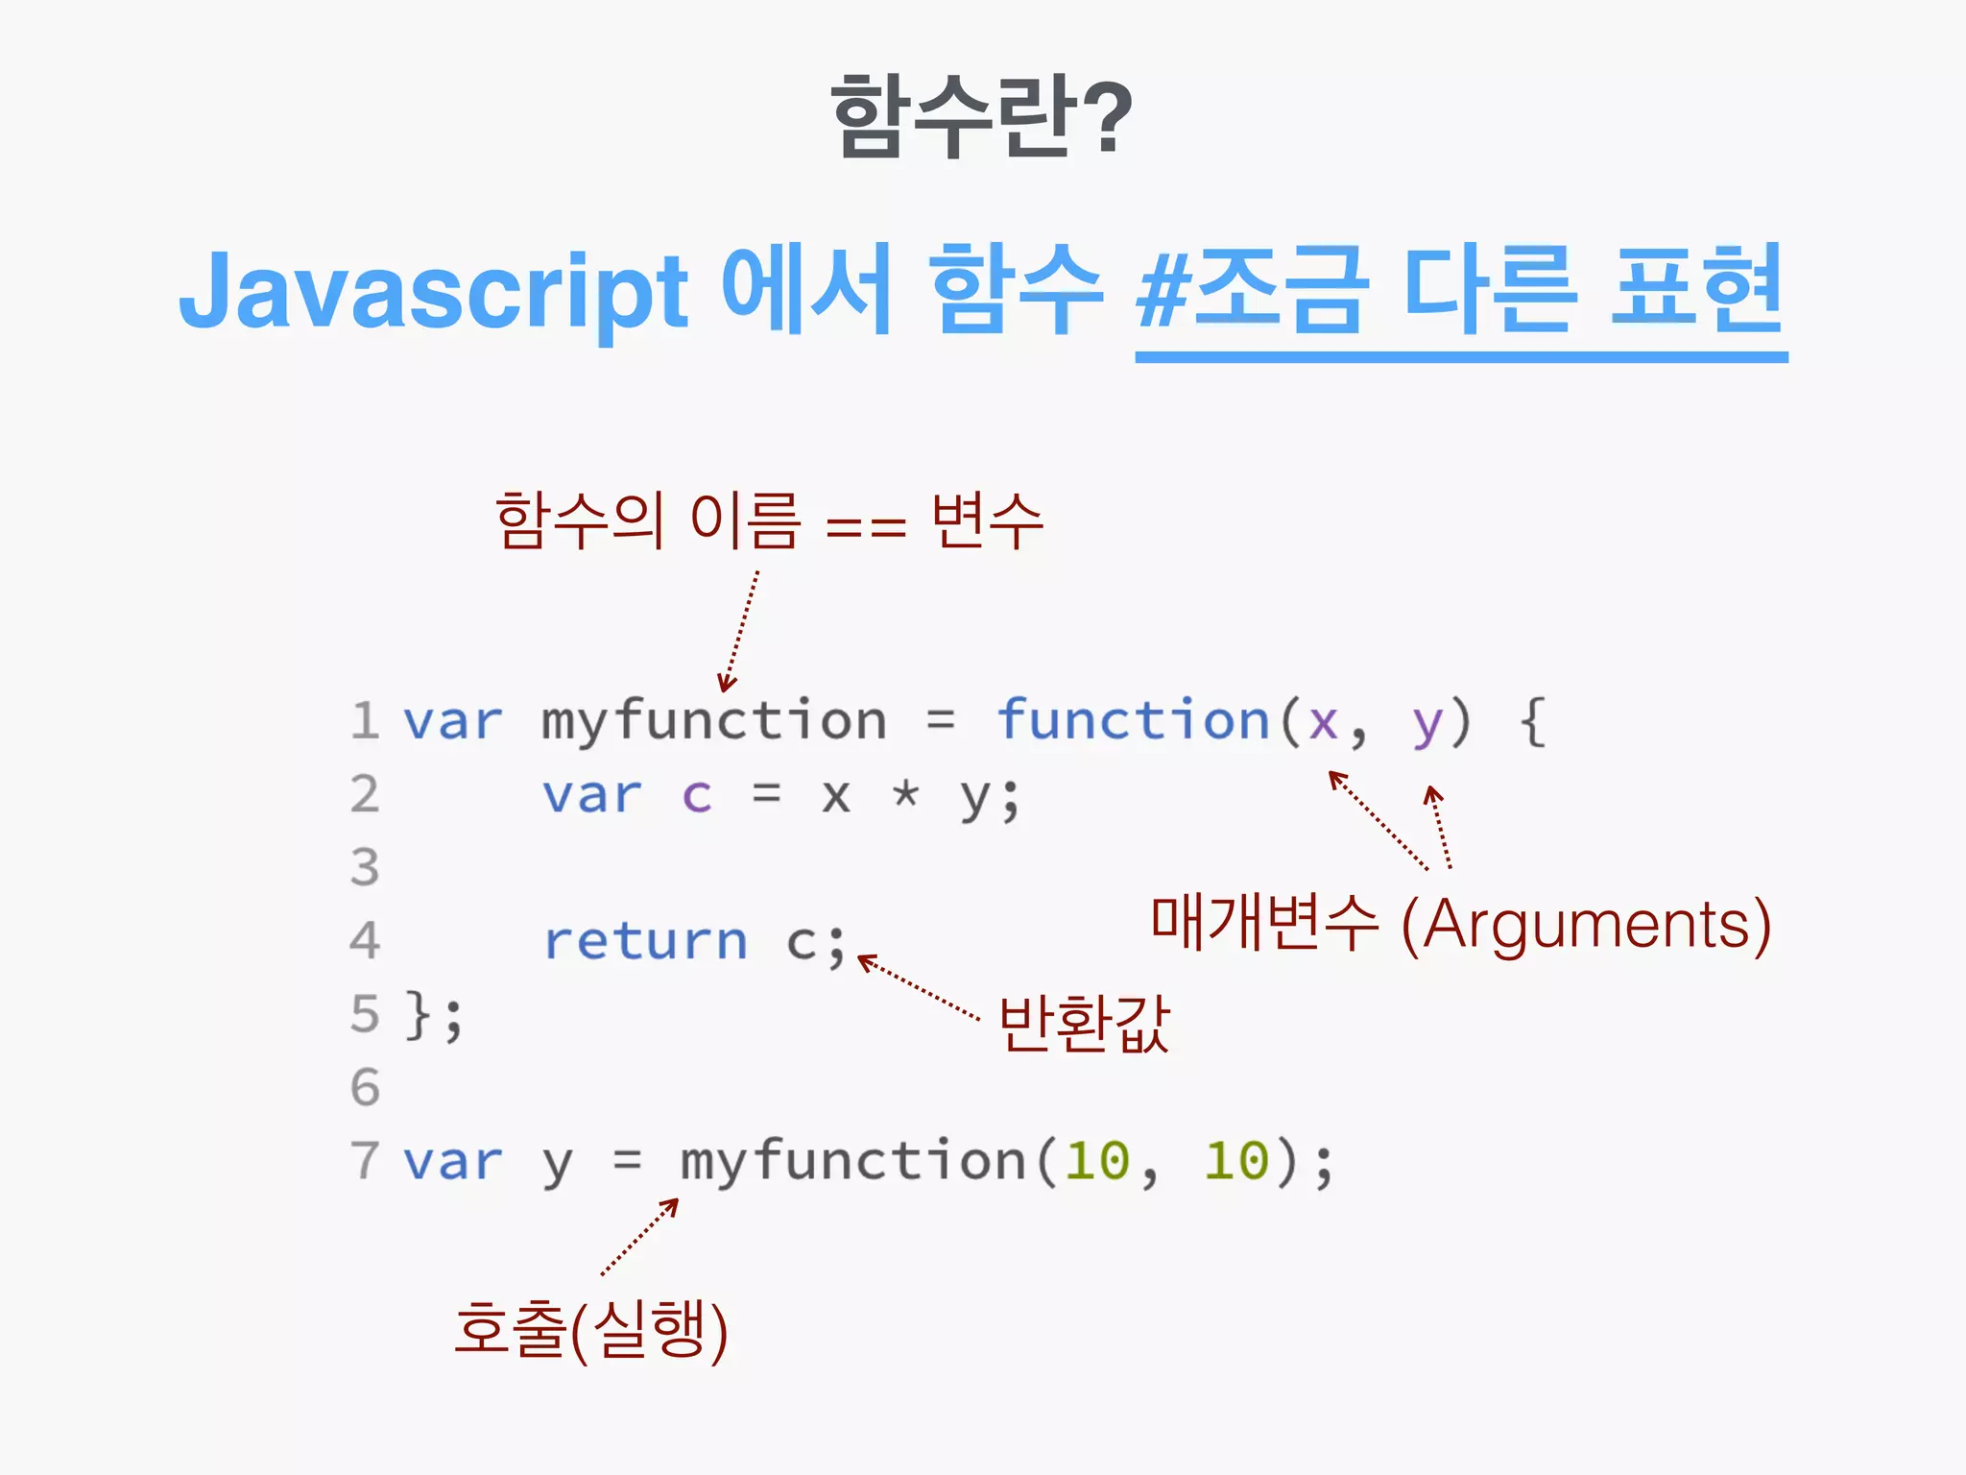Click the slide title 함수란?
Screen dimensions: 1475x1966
(981, 117)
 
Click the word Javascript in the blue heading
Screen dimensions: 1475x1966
(434, 291)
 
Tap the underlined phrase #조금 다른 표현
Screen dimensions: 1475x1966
(1459, 291)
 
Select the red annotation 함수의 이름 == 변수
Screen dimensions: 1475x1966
(769, 521)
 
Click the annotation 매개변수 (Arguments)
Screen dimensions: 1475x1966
(1460, 924)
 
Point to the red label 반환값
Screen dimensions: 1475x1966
(1084, 1024)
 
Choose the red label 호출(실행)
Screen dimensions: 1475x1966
(591, 1330)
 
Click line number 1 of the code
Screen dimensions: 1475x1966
(365, 721)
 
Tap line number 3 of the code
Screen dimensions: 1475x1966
(365, 867)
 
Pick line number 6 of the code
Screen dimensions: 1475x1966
(365, 1088)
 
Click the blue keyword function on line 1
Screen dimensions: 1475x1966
(1133, 720)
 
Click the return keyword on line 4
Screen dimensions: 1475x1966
(645, 941)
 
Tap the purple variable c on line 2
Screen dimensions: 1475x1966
(697, 796)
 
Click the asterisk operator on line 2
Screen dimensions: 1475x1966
(905, 794)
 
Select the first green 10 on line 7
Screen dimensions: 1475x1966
(1097, 1161)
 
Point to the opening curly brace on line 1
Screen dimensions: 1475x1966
(1533, 722)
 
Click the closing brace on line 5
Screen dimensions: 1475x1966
(418, 1015)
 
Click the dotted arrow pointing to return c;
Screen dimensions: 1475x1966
(918, 987)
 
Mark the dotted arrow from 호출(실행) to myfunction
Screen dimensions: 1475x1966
(639, 1237)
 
